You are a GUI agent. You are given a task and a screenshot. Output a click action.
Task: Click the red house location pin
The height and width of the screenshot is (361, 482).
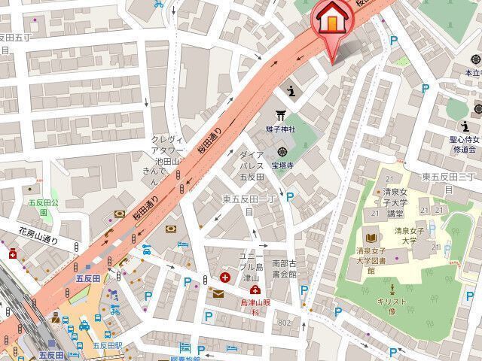point(331,21)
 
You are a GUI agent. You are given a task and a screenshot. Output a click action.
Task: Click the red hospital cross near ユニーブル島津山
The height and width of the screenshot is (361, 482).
point(225,277)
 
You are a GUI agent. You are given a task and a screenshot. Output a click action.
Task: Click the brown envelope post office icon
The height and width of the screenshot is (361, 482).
point(218,293)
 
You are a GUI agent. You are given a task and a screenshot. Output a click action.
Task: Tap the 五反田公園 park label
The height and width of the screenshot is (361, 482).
point(33,206)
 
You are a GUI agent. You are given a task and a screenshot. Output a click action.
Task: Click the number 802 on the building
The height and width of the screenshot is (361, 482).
point(283,323)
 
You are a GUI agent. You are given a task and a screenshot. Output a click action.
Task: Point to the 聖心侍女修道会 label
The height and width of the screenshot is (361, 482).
point(459,144)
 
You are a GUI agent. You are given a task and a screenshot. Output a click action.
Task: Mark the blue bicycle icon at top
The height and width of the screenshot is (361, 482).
point(158,4)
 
